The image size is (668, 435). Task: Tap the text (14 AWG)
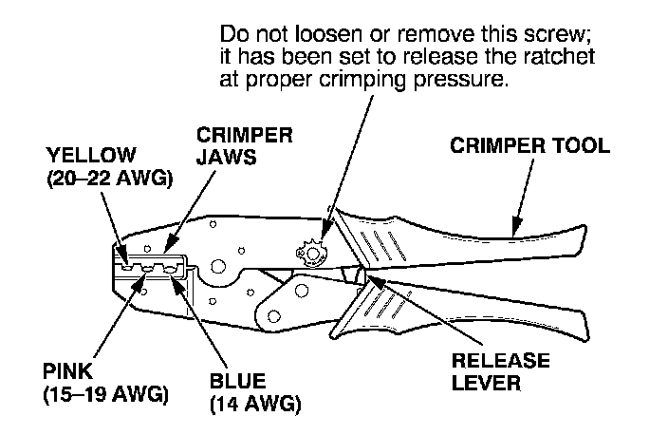(x=254, y=405)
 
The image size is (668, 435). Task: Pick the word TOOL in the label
(x=577, y=147)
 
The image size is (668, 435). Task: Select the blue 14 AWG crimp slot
(x=172, y=270)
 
